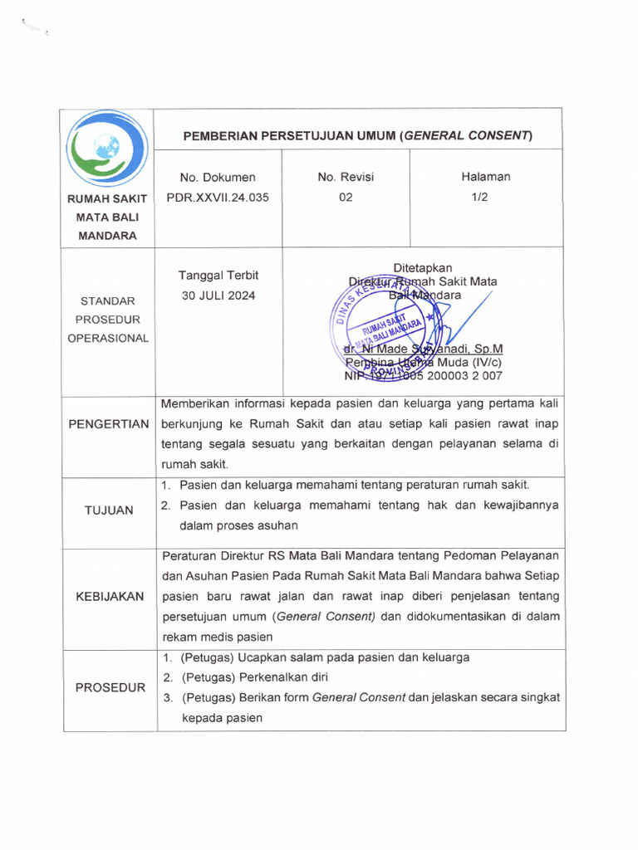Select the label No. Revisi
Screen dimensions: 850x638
pos(346,177)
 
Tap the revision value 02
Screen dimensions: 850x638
pos(346,198)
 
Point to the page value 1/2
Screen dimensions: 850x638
pos(486,198)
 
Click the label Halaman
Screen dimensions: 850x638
pos(486,176)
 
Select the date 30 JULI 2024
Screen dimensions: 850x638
pos(217,296)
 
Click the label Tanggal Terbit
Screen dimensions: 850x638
pos(217,276)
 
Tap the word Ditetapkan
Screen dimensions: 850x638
pos(422,267)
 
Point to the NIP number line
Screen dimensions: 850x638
pos(423,376)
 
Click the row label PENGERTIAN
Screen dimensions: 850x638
pos(110,424)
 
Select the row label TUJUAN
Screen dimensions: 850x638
pos(110,510)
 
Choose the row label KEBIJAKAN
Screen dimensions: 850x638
pos(110,597)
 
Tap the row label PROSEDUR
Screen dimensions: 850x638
pos(110,687)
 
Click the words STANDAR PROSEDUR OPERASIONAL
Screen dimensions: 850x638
pos(110,320)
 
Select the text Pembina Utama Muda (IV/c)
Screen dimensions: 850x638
pos(424,363)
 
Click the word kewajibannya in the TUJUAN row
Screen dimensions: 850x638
pos(515,505)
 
